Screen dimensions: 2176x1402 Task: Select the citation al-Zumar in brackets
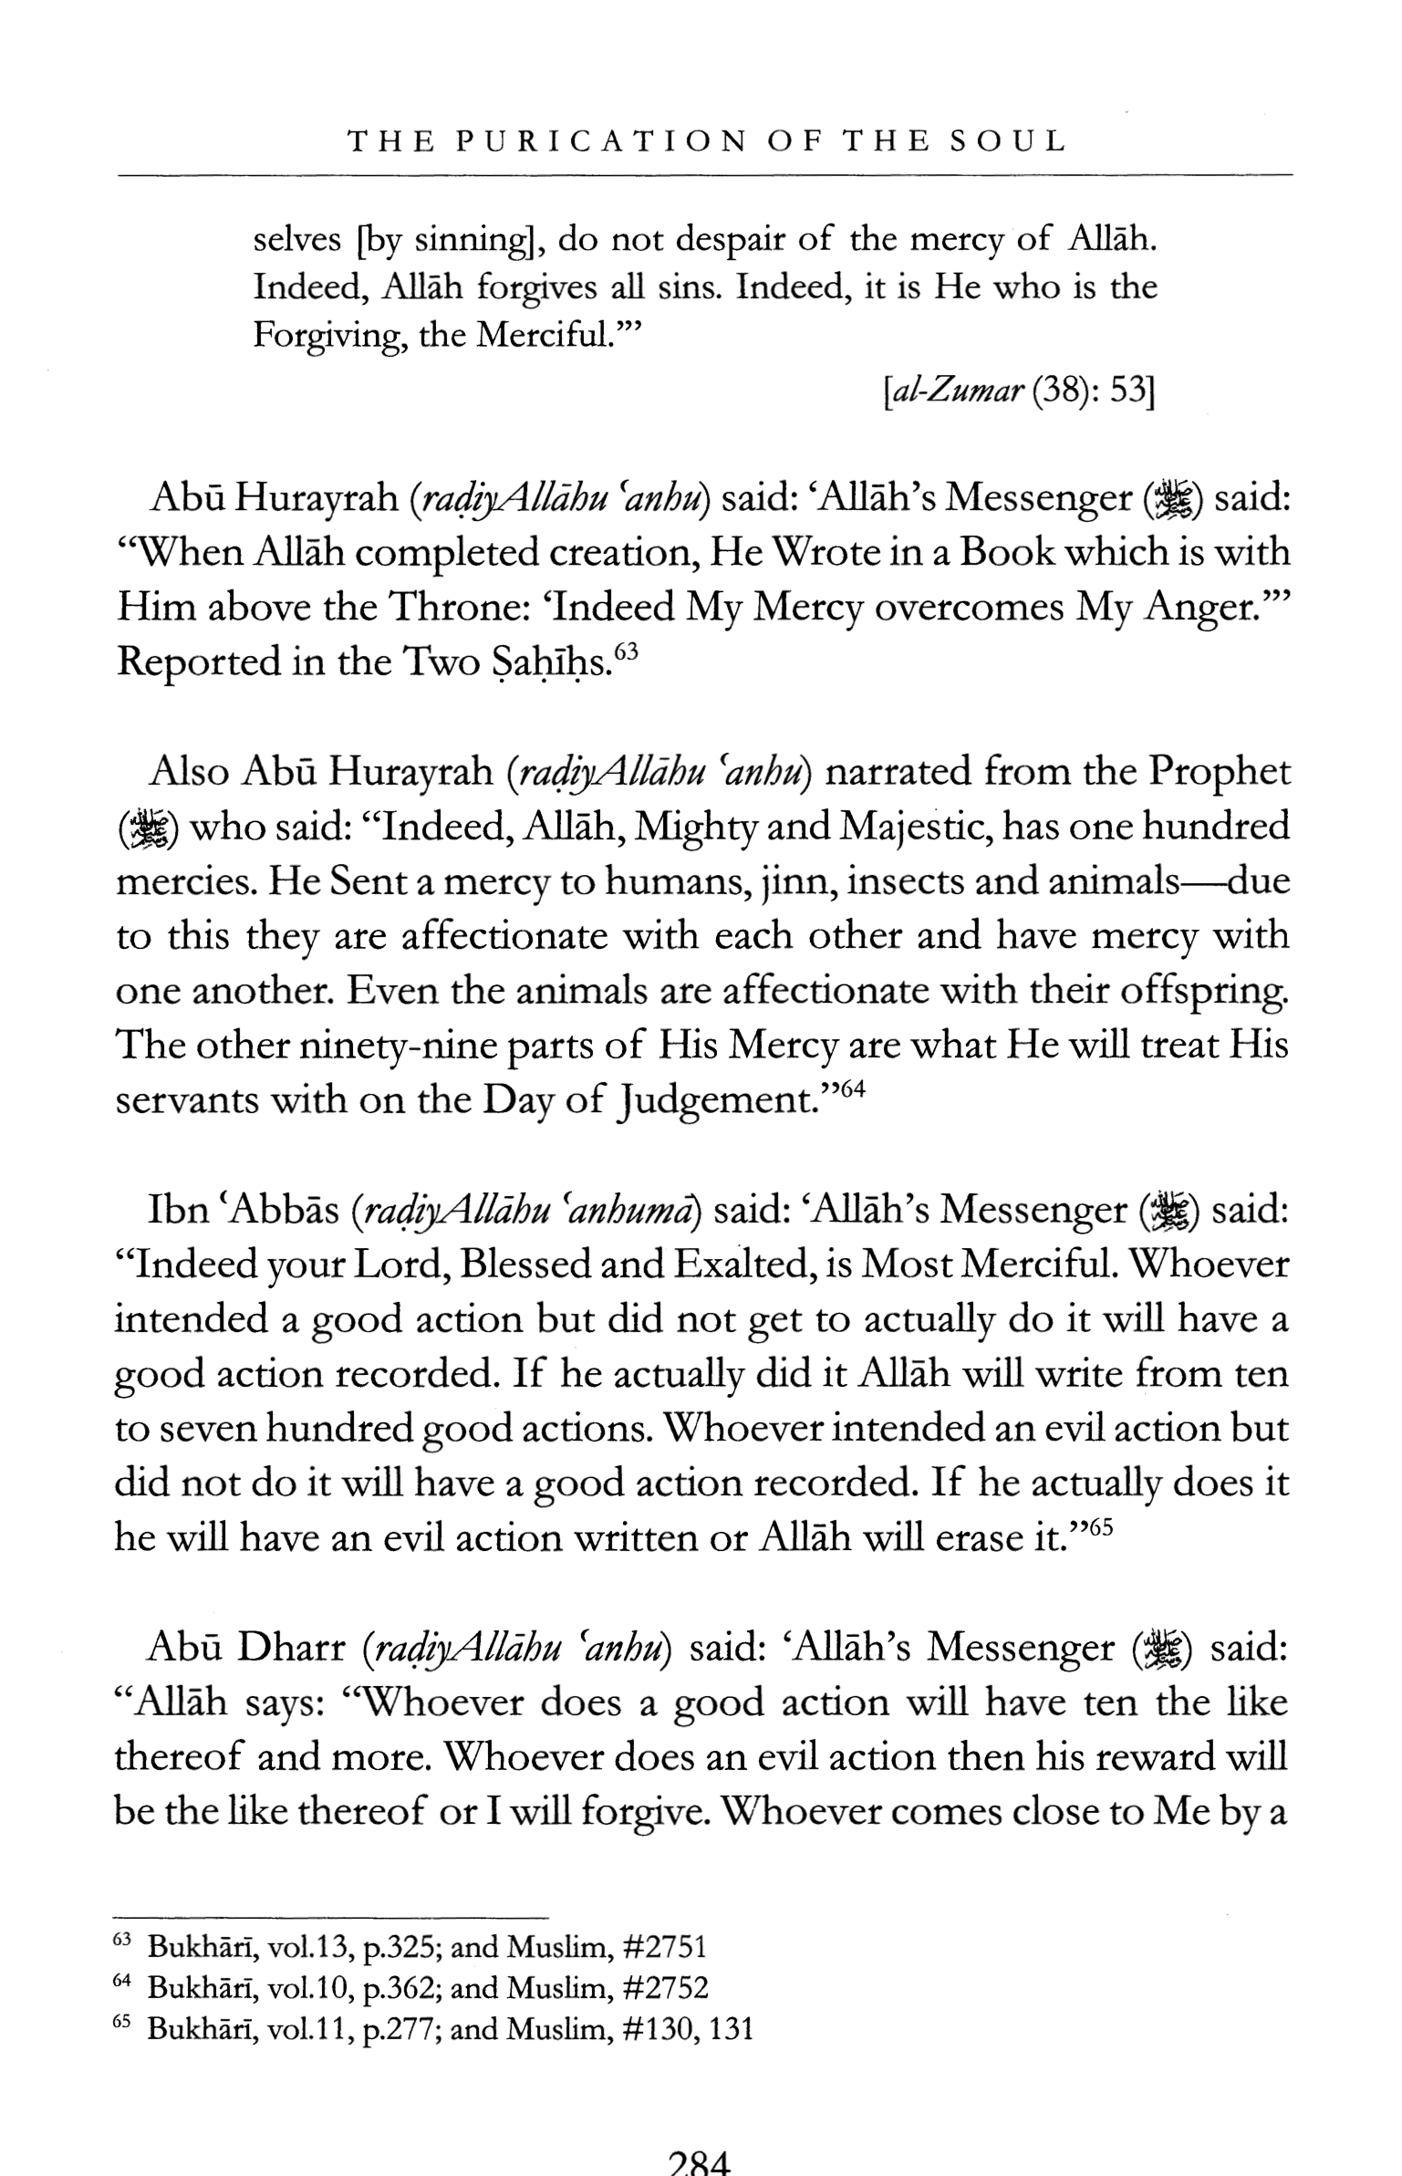pos(957,393)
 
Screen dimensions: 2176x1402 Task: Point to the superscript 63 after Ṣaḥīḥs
pos(626,652)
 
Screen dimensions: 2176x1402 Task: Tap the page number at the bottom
pos(700,2161)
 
